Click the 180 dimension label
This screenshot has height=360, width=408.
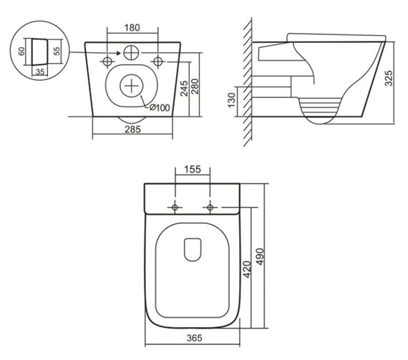point(132,28)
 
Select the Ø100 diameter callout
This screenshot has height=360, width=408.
point(160,107)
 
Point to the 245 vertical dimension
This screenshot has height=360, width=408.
point(185,88)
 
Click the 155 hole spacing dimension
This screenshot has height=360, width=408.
point(192,171)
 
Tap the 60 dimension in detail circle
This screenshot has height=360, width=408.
point(22,52)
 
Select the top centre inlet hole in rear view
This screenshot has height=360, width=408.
point(132,52)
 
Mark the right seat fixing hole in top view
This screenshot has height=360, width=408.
point(210,207)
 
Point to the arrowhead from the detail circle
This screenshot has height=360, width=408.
point(97,52)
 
